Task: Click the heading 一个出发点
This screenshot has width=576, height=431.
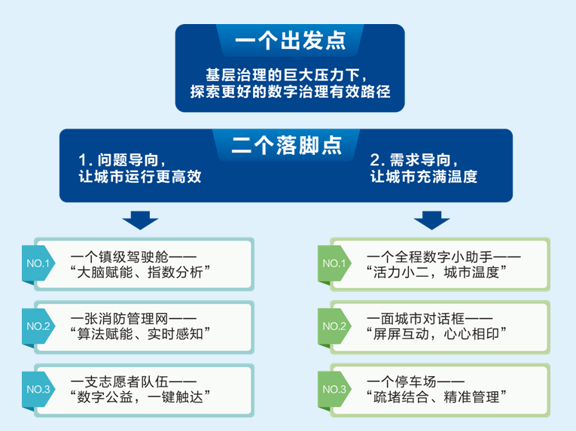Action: [289, 41]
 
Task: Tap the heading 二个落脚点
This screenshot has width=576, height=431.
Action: [287, 145]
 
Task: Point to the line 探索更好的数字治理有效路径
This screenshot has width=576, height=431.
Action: [290, 93]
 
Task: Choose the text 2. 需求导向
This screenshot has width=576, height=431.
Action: [413, 161]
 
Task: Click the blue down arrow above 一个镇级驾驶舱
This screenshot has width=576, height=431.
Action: [140, 219]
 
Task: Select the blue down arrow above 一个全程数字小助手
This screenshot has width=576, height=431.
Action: [431, 219]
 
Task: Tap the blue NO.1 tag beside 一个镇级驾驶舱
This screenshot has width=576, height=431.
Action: [38, 264]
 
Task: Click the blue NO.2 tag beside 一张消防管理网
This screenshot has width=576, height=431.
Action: [38, 326]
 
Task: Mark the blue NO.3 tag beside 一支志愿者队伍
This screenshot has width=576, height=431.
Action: [38, 389]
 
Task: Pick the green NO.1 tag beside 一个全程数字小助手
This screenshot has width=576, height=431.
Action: [334, 264]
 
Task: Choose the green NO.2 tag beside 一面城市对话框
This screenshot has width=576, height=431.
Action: [334, 326]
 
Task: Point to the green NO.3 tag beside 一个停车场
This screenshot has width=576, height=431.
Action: [334, 389]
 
